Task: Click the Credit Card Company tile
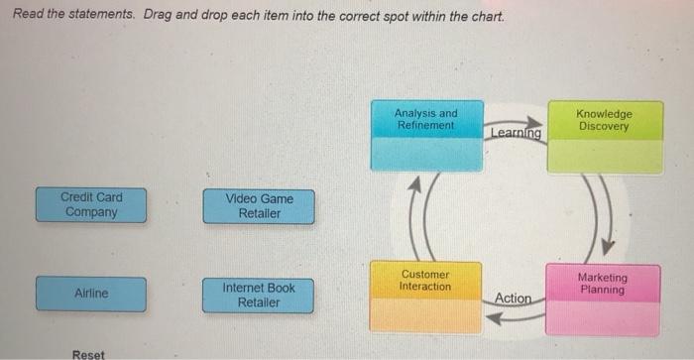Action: [x=90, y=205]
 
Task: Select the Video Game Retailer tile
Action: [x=259, y=206]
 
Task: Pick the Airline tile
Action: [x=90, y=294]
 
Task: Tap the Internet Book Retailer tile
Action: [x=259, y=295]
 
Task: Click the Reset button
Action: [x=89, y=353]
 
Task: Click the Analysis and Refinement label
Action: [x=425, y=120]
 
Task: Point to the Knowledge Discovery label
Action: [x=604, y=120]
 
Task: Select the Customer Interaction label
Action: [x=424, y=280]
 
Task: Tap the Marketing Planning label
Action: [x=603, y=284]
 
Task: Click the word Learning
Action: [x=516, y=133]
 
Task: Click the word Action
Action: [x=513, y=298]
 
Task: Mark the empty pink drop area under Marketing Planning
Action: [x=605, y=317]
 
